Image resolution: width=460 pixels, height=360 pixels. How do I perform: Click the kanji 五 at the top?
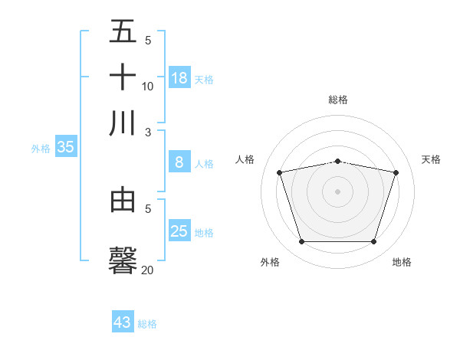123,31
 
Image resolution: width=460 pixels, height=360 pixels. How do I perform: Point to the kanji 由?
123,200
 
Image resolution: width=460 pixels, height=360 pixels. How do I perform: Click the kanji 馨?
123,260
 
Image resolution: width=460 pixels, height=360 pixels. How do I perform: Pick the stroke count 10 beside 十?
148,87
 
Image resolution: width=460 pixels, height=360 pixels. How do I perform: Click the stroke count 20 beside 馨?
148,270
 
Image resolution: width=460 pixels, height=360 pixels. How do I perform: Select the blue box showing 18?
179,77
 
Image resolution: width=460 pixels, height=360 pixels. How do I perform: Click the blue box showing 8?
179,162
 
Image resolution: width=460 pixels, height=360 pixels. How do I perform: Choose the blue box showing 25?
179,231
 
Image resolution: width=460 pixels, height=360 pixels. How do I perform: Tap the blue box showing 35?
65,148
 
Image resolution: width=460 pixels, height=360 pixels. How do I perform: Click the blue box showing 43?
123,322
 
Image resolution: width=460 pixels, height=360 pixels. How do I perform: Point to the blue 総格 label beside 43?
147,324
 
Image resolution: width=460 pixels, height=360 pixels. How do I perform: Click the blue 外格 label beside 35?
41,149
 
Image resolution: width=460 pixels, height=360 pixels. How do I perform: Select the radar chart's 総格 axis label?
338,100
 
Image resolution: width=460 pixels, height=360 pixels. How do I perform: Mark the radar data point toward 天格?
396,172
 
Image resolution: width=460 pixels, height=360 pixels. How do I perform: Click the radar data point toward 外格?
301,242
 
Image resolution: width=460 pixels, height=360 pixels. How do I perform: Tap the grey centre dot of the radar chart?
338,191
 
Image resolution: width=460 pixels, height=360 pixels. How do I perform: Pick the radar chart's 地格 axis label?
402,263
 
